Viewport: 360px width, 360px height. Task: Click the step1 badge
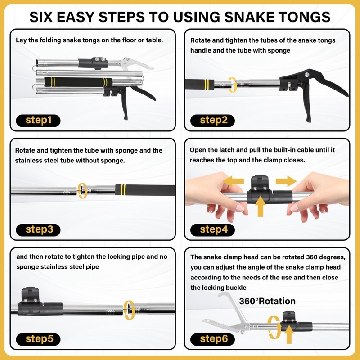point(38,121)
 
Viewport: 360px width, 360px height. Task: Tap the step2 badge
point(212,121)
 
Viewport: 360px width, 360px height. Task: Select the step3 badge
point(38,230)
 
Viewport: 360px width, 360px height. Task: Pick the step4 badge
point(212,230)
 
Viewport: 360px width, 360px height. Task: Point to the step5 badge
point(38,339)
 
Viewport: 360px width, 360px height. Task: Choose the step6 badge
point(212,339)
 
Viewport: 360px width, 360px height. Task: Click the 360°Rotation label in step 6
point(267,301)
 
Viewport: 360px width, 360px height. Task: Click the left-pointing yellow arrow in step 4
point(234,181)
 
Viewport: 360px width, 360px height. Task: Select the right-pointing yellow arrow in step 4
point(286,181)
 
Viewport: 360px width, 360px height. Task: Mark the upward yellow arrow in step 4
point(261,206)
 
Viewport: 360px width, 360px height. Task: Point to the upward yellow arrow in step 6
point(289,334)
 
